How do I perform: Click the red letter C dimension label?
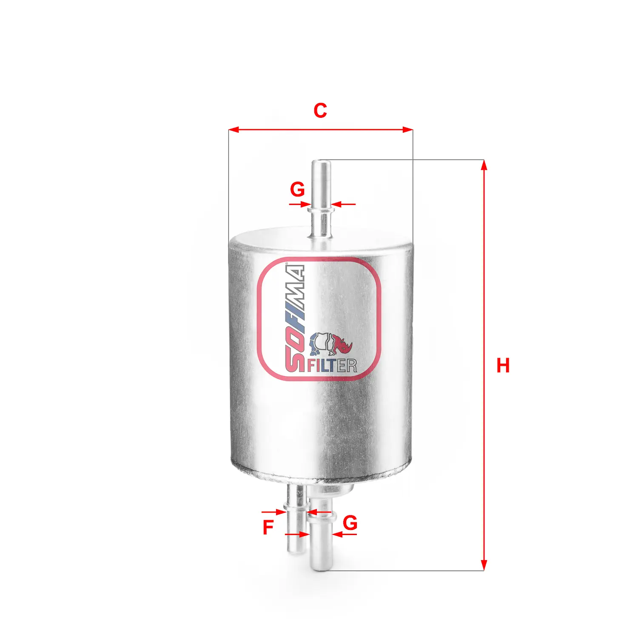320,111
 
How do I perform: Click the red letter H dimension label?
503,365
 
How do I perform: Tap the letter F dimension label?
268,527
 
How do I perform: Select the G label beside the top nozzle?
297,189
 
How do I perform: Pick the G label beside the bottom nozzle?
350,523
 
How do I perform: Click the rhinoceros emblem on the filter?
331,344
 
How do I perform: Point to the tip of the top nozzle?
321,162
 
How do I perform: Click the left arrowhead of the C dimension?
232,129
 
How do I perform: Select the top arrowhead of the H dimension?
484,164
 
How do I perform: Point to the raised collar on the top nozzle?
321,209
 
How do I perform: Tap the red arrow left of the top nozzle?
300,205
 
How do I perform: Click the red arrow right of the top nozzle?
343,205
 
